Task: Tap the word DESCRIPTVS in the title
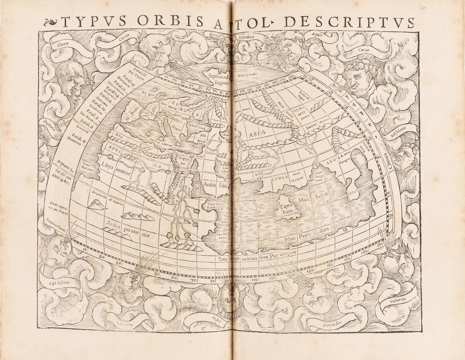click(x=349, y=22)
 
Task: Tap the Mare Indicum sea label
click(x=313, y=196)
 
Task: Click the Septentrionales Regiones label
click(x=219, y=79)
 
